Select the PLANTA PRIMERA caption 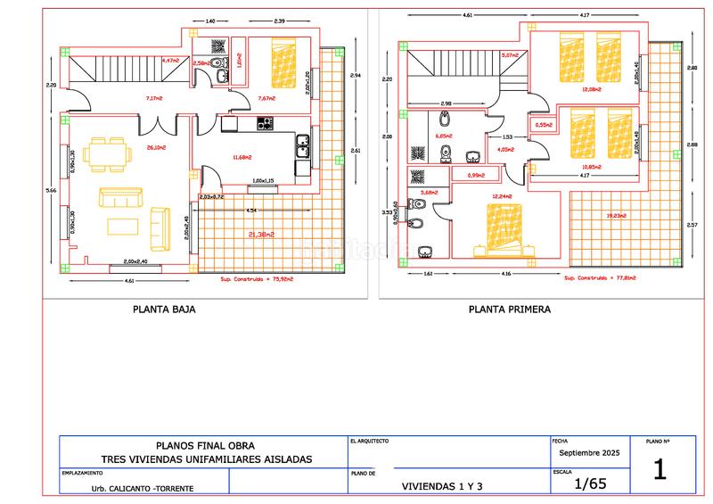[x=510, y=310]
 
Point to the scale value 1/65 [x=590, y=484]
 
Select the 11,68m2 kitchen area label [x=241, y=158]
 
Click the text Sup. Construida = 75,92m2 [x=257, y=278]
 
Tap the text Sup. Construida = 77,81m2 [x=599, y=277]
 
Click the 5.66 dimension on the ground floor [x=50, y=190]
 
